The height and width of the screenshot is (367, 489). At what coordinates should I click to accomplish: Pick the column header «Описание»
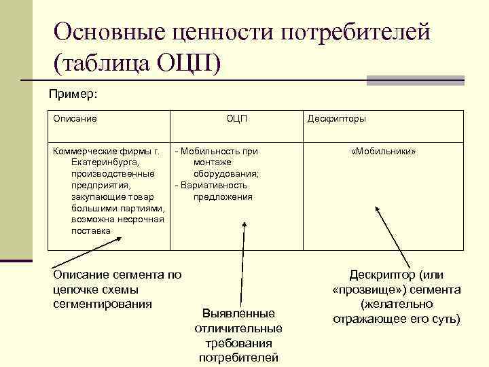[x=75, y=118]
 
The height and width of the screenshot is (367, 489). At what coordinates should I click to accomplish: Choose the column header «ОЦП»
[x=236, y=118]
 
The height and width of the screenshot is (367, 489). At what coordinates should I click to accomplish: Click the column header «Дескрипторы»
[x=336, y=118]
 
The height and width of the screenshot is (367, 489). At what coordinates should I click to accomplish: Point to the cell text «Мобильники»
[x=384, y=151]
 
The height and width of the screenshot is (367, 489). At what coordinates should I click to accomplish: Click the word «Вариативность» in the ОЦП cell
[x=214, y=186]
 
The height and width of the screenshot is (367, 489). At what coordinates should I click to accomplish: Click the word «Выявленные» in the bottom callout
[x=238, y=313]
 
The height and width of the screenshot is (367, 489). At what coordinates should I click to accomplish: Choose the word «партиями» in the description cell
[x=139, y=208]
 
